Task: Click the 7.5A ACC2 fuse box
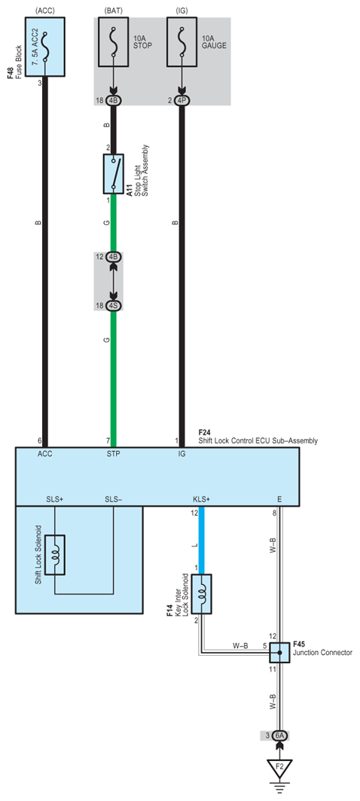tap(45, 47)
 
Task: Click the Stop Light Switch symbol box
tap(114, 174)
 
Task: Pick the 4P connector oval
tap(181, 101)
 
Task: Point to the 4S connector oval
tap(114, 306)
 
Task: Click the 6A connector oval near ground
tap(279, 736)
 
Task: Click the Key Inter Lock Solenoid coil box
tap(202, 594)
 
